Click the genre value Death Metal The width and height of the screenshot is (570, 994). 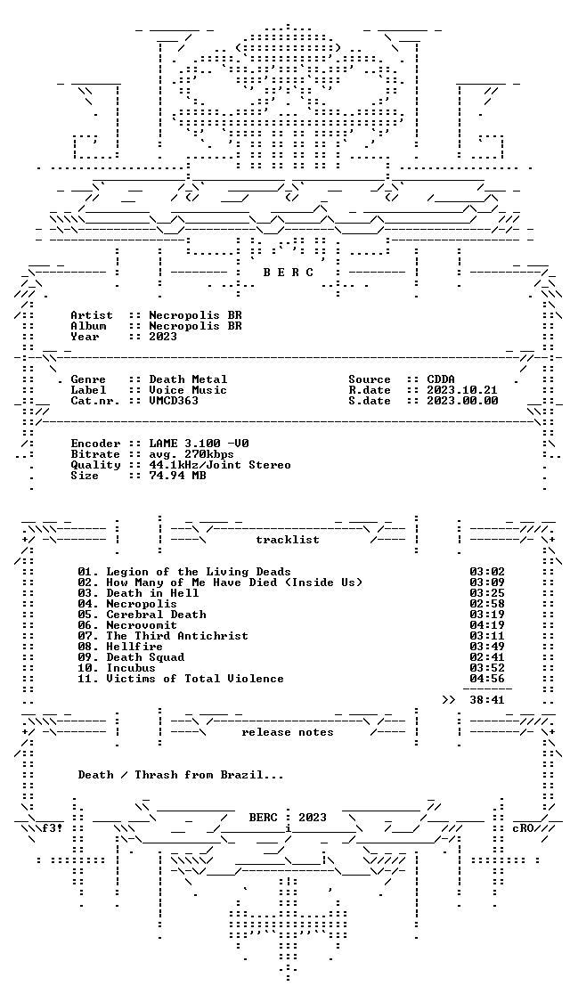coord(188,379)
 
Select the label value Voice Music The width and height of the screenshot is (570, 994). coord(188,390)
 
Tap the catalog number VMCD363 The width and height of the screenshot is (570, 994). coord(174,402)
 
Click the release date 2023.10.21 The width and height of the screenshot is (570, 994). coord(462,390)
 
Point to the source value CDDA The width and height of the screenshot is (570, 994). coord(441,379)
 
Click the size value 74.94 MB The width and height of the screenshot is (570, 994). coord(177,476)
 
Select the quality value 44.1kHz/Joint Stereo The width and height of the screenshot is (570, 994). coord(220,465)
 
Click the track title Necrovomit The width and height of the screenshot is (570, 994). coord(142,625)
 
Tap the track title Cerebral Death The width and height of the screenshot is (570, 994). coord(156,615)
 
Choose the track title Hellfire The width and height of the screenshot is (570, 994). coord(134,647)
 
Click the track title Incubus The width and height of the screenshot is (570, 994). coord(131,668)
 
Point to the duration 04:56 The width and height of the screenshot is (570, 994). coord(487,679)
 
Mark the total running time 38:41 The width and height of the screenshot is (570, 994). coord(487,700)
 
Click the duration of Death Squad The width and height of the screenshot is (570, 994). coord(487,657)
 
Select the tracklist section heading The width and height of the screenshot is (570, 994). coord(287,540)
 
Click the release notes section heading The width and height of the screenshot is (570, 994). coord(287,733)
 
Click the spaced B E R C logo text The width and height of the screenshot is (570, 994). coord(288,273)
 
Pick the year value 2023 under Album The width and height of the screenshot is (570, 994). coord(163,337)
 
